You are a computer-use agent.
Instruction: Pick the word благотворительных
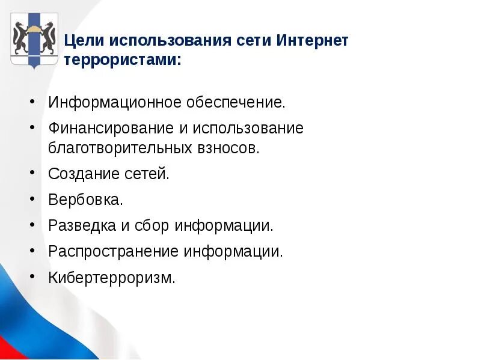pos(121,148)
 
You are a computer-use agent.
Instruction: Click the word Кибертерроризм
pos(112,278)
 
